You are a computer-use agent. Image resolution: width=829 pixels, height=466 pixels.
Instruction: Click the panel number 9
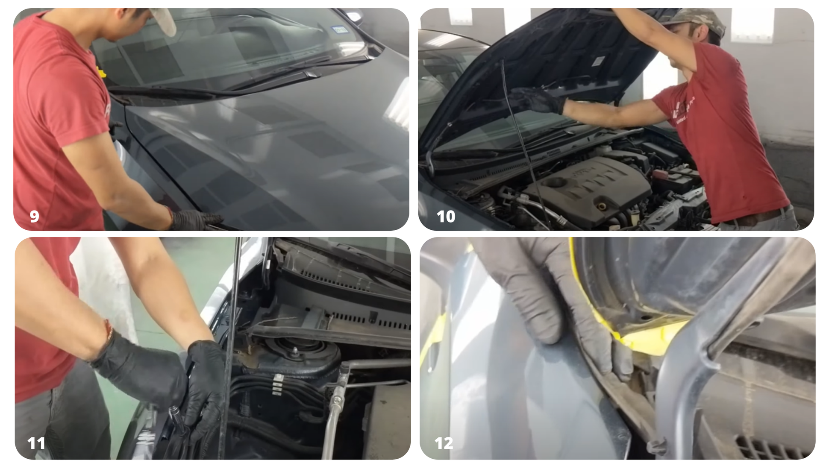point(34,217)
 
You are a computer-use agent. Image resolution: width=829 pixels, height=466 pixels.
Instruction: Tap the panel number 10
point(446,217)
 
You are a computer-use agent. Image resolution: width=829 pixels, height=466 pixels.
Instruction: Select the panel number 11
point(36,443)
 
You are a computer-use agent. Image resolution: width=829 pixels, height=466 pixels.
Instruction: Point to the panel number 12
point(444,443)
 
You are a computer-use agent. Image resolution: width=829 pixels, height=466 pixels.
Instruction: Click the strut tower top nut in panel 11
point(295,351)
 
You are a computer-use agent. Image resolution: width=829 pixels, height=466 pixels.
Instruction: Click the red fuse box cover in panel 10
point(660,174)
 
